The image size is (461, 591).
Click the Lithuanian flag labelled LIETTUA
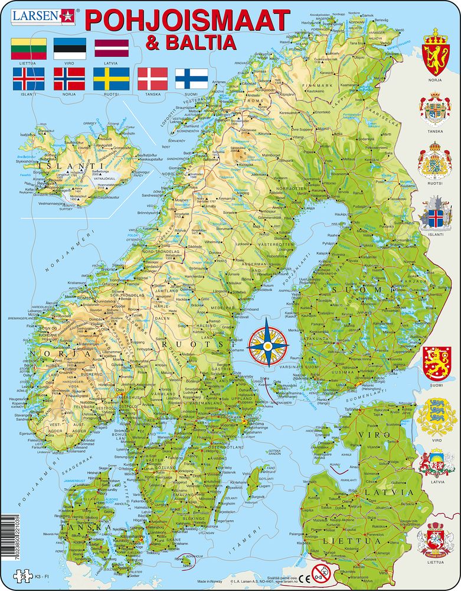coord(28,48)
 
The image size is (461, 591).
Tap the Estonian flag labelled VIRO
coord(70,48)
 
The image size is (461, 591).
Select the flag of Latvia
coord(112,48)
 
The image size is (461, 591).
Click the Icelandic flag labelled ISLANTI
coord(28,79)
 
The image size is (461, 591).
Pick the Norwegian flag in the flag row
coord(70,79)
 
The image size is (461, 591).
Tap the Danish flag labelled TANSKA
coord(153,79)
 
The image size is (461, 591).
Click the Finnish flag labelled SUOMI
coord(191,79)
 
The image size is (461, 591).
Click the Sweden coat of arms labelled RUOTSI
coord(437,162)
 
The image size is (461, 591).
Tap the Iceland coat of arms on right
coord(437,215)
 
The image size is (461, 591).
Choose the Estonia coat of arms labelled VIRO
coord(437,417)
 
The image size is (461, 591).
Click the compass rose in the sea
coord(267,343)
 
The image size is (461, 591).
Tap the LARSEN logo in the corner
coord(38,15)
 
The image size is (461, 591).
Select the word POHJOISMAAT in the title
coord(187,20)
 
